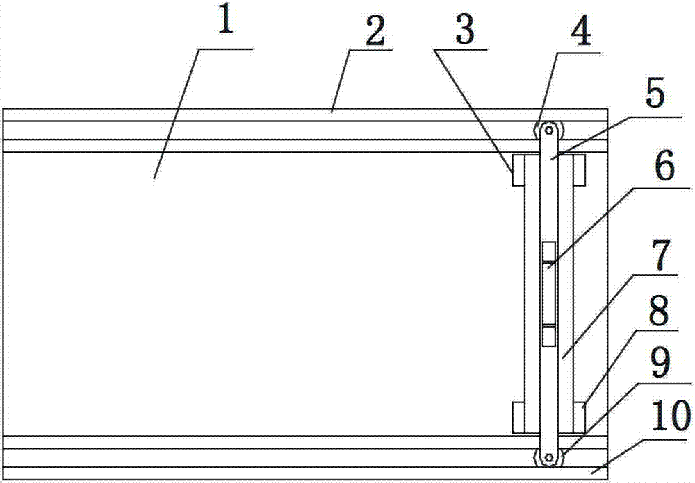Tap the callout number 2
point(375,33)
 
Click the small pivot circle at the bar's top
point(549,130)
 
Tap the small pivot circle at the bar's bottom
point(549,457)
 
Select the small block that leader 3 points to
point(518,171)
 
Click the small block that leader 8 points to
point(579,417)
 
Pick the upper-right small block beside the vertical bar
point(579,171)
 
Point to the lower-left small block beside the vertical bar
point(518,417)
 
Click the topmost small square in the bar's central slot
point(549,251)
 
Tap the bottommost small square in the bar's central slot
point(549,337)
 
